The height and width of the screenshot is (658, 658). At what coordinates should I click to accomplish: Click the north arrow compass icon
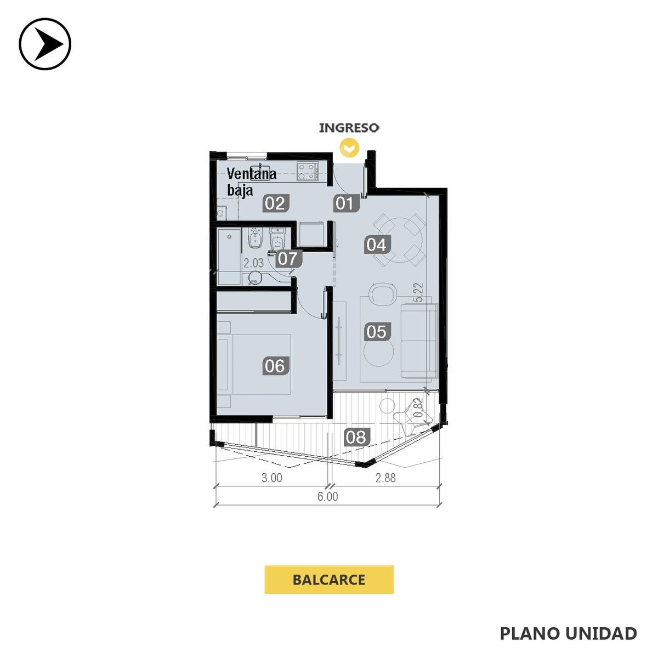click(45, 44)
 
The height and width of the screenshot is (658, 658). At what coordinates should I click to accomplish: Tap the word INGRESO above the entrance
click(349, 128)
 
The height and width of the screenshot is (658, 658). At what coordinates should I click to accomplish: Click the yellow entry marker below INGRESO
click(349, 148)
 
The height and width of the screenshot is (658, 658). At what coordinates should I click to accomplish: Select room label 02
click(275, 203)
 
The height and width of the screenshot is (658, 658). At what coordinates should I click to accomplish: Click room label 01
click(345, 203)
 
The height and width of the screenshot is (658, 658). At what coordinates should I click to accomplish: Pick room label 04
click(377, 245)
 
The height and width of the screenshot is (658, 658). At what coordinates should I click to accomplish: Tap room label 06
click(275, 366)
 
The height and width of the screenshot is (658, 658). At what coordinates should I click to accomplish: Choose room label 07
click(289, 258)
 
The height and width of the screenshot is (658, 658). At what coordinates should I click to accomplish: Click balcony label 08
click(356, 437)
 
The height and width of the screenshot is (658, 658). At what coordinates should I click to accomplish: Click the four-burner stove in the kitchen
click(307, 171)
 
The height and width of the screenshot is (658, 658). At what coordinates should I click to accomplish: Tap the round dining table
click(400, 240)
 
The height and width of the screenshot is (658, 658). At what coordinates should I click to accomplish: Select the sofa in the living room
click(418, 341)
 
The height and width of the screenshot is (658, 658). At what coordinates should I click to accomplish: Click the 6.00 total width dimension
click(328, 496)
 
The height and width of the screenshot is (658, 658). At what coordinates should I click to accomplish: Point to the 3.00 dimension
click(272, 478)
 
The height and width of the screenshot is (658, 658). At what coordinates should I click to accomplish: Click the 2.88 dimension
click(385, 478)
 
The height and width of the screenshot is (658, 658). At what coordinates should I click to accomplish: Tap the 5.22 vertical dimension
click(418, 293)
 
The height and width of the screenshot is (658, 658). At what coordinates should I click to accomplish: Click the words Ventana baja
click(252, 181)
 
